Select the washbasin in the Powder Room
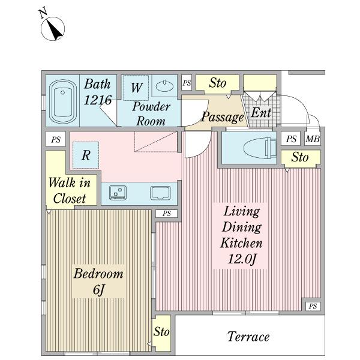(x=164, y=86)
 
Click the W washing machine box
(x=136, y=88)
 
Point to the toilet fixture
(x=260, y=148)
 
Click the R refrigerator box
(x=86, y=155)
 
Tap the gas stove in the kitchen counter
(x=118, y=193)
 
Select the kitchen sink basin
(x=160, y=193)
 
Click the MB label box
(x=313, y=139)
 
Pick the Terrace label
(x=248, y=337)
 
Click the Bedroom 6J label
(x=98, y=281)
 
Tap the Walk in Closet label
(x=70, y=190)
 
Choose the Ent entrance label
(x=261, y=113)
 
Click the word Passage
(x=222, y=118)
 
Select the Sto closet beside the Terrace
(x=162, y=332)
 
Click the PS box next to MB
(x=291, y=139)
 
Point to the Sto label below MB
(x=300, y=157)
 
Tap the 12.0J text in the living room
(x=242, y=259)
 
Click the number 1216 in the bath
(x=98, y=100)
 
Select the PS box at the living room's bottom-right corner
(x=313, y=306)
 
